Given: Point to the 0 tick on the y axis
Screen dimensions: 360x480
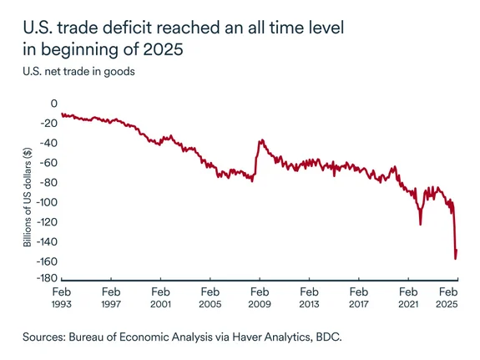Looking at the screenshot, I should pos(53,104).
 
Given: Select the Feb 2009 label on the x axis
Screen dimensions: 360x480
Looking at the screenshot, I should pos(259,299).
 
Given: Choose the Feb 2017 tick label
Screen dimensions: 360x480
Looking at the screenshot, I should pos(358,299).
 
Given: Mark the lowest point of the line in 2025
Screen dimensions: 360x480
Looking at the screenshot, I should pos(455,258).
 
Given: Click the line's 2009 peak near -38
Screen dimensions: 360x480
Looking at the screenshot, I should pos(260,140).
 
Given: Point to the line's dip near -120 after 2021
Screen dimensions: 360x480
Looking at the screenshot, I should pos(420,223).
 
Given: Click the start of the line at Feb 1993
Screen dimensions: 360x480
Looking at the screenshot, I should pos(62,114).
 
